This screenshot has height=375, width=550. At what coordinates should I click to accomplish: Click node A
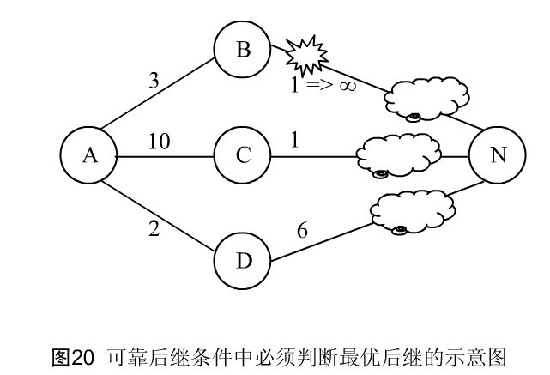coord(89,155)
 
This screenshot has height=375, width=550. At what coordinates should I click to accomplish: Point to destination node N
coord(498,155)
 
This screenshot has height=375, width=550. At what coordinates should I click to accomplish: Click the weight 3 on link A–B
coord(154,81)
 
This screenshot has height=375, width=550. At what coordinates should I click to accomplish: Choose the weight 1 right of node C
coord(295,140)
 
